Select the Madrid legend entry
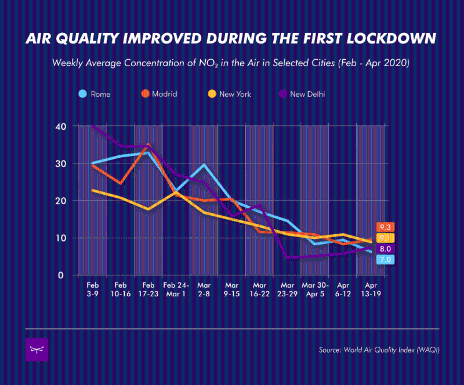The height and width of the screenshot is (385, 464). (160, 94)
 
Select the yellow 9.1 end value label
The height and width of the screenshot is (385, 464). (385, 238)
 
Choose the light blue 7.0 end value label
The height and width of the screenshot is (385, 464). (385, 260)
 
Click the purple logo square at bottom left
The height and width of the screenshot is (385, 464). (37, 350)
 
